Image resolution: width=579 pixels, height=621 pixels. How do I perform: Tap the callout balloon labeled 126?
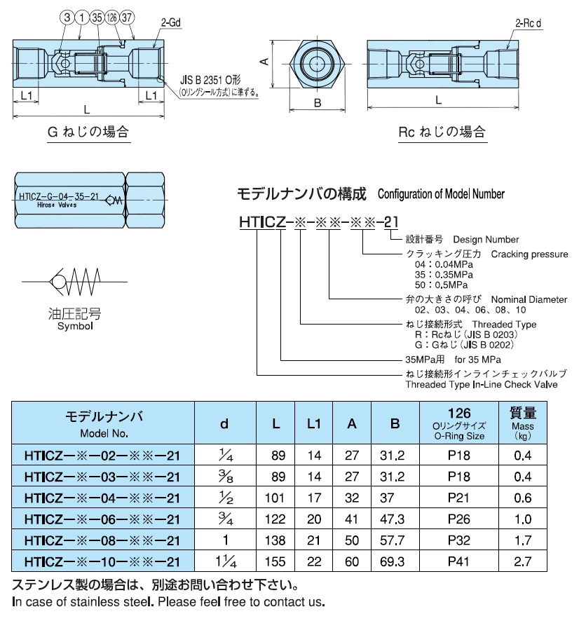tap(111, 16)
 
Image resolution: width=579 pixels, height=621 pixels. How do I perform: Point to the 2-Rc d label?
tap(531, 23)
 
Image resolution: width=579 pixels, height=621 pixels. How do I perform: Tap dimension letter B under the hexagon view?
tap(317, 103)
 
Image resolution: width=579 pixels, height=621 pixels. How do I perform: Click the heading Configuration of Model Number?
tap(441, 194)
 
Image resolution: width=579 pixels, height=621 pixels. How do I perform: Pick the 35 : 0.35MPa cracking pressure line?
tap(440, 275)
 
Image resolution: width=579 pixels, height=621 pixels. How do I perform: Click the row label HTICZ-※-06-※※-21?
tap(102, 519)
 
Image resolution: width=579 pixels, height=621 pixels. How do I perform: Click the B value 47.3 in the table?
tap(396, 519)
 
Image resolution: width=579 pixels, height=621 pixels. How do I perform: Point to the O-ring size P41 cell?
tap(459, 561)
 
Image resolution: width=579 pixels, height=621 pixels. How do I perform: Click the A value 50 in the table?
tap(352, 540)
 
